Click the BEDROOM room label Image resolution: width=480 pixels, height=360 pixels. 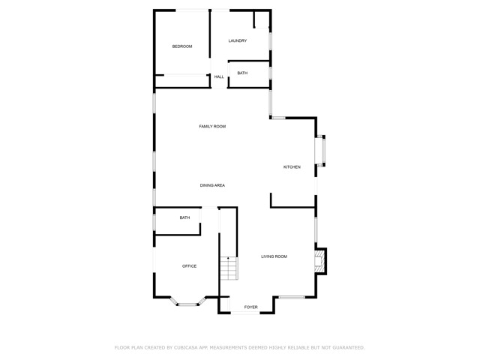182,46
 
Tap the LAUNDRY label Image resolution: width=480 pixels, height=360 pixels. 238,40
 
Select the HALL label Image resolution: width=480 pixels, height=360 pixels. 219,76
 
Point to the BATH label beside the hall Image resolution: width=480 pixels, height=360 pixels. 242,73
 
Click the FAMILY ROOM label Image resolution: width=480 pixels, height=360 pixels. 212,126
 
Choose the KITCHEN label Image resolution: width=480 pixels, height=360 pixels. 292,166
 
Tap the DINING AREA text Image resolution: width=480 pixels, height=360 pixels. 212,185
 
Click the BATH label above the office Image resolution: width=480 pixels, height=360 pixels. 184,217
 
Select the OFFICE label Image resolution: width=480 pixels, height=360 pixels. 190,266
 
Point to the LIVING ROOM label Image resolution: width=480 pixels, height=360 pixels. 274,256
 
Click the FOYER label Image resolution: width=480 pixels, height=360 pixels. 250,307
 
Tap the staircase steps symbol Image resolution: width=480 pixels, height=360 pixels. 228,268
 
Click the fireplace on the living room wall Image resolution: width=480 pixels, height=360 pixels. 319,260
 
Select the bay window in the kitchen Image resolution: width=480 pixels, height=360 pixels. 322,150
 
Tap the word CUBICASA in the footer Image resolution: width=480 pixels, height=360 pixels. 189,347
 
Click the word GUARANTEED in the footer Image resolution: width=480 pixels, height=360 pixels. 347,347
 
